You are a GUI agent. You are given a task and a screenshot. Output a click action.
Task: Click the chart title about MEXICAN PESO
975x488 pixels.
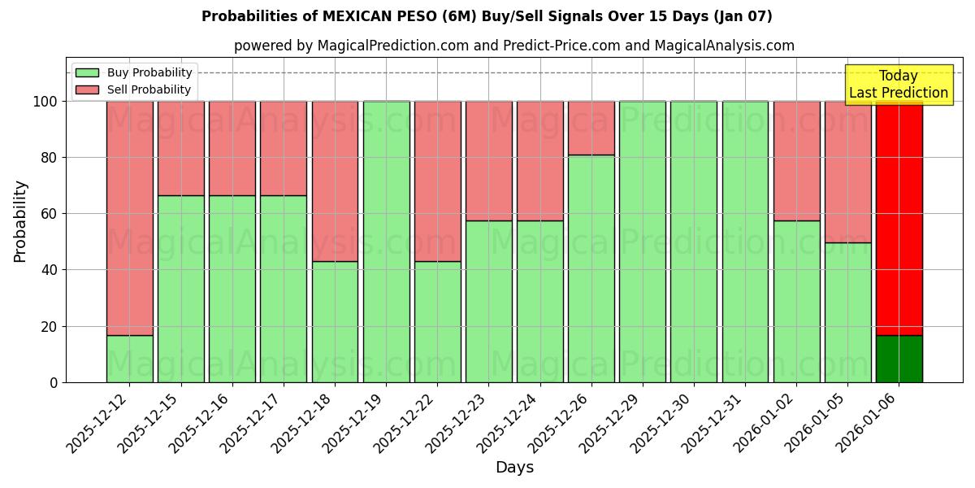point(487,16)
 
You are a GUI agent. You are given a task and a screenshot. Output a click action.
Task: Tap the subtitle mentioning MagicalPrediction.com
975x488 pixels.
point(513,46)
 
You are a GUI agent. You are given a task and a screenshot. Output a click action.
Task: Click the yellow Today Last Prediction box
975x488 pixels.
point(898,85)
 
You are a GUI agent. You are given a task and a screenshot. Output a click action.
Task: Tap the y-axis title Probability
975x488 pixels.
point(20,221)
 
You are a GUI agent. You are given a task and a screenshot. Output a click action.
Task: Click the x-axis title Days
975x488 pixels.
point(514,468)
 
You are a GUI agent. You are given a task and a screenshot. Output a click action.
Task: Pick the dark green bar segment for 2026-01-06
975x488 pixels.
point(899,359)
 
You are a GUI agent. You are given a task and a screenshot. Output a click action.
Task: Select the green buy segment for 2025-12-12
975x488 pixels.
point(129,359)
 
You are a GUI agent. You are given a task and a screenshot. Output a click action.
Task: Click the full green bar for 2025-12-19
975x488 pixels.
point(386,242)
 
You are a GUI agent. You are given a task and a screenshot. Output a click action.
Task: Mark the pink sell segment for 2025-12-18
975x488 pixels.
point(335,181)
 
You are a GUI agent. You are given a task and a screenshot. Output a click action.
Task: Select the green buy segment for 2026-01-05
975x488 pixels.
point(847,312)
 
